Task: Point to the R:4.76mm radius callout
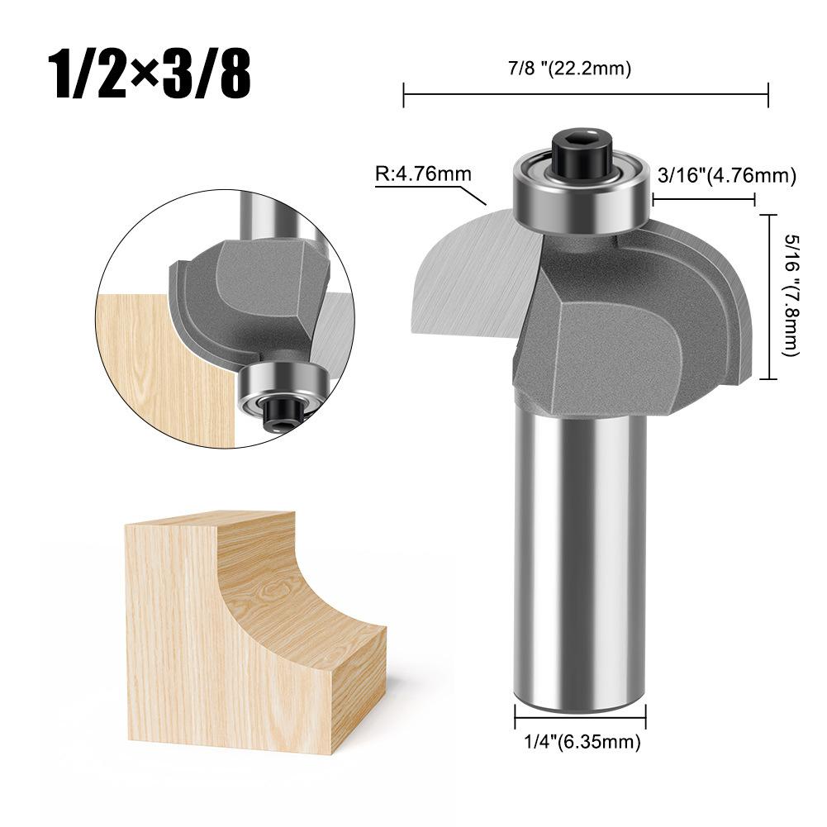[x=423, y=174]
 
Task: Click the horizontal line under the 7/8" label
[x=586, y=95]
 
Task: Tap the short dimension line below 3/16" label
[x=703, y=198]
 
